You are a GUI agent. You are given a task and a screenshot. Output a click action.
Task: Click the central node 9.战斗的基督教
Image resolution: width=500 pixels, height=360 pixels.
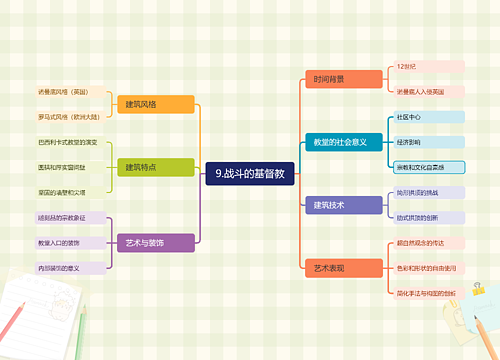click(250, 173)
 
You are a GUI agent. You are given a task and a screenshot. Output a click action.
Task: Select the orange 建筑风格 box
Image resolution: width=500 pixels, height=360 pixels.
click(155, 104)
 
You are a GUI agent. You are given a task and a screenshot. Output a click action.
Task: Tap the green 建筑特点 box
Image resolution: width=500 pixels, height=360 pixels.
click(155, 166)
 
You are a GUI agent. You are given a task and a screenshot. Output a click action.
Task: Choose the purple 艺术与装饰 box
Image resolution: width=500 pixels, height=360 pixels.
click(155, 242)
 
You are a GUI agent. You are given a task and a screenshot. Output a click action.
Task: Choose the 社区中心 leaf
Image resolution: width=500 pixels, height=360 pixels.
click(409, 117)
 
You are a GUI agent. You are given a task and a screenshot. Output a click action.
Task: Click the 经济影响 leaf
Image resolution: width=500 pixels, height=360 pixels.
click(409, 142)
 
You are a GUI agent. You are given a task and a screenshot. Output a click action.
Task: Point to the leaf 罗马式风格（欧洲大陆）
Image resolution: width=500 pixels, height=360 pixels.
click(65, 116)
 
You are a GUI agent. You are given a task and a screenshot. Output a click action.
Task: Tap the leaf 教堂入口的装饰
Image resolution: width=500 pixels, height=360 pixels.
click(66, 242)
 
